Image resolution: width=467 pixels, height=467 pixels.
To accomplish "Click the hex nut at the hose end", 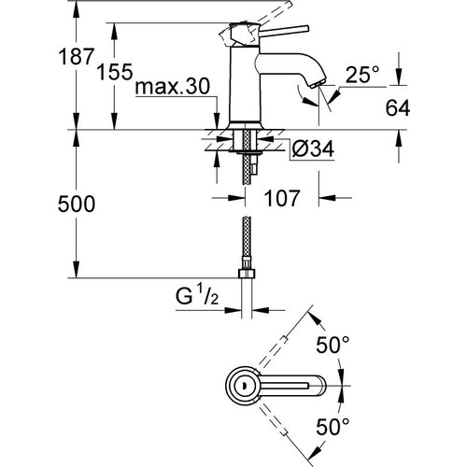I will [248, 276].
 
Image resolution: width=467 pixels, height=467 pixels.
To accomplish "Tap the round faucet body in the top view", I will [241, 385].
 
